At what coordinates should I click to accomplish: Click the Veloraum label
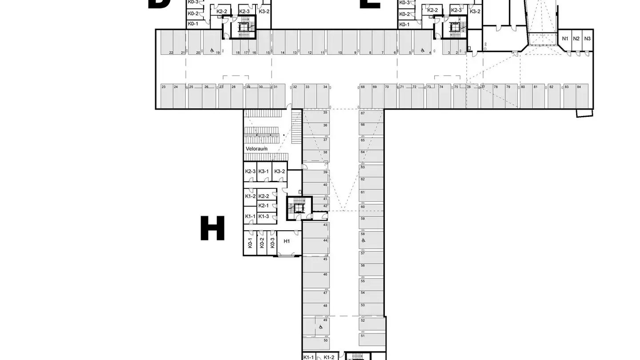coord(256,148)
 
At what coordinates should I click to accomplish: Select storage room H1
coord(287,241)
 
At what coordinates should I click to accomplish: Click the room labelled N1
coord(565,39)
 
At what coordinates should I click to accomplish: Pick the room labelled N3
coord(588,39)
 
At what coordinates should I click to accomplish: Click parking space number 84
coord(579,96)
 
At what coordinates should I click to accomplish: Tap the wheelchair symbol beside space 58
coord(363,240)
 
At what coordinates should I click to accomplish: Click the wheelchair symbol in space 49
coord(320,327)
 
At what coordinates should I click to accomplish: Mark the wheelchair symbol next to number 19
coord(211,50)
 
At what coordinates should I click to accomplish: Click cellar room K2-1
coord(264,206)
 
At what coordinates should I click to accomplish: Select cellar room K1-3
coord(264,216)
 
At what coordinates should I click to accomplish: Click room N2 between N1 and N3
coord(576,39)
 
